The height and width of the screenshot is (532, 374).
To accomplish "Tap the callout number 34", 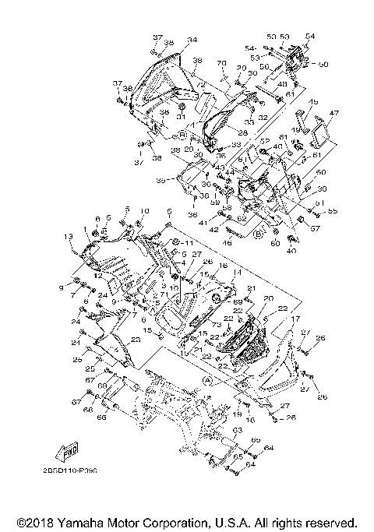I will (x=192, y=40).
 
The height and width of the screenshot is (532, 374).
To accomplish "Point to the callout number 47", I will (x=334, y=114).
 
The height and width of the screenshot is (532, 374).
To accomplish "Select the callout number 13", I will (x=68, y=236).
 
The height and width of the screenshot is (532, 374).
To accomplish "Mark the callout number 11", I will (x=187, y=245).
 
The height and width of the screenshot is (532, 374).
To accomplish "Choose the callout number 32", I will (x=263, y=117).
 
